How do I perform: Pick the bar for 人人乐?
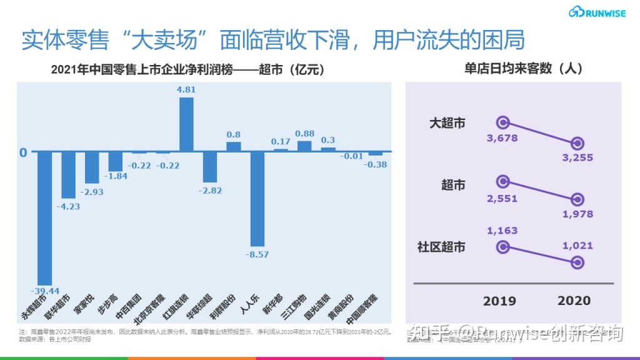coord(257,199)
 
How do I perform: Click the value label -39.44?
coord(44,291)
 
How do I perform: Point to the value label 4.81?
coord(186,89)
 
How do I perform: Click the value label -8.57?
coord(257,254)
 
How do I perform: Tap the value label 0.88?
coord(304,133)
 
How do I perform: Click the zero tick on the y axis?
coord(23,152)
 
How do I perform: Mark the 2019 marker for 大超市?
coord(502,122)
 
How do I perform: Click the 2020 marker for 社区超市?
coord(577,262)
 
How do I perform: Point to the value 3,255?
coord(577,157)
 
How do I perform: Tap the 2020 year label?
coord(574,301)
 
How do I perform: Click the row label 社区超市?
coord(441,247)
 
